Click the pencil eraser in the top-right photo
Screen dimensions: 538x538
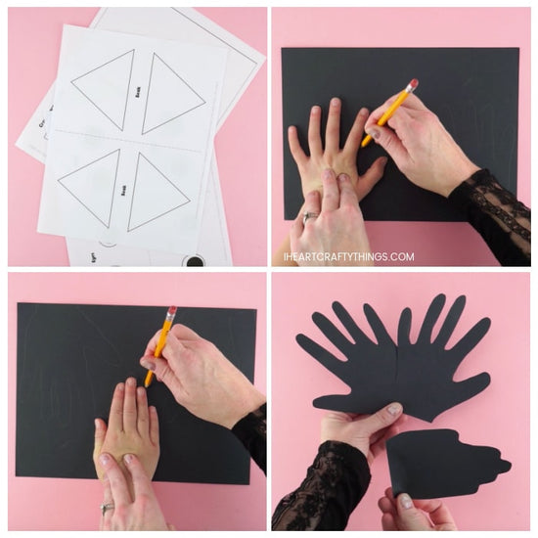pos(414,85)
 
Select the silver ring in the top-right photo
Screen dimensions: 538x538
pos(310,216)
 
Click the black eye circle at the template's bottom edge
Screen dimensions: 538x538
pos(196,261)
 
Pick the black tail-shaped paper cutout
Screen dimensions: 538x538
pos(440,462)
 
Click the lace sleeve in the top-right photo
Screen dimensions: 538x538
pos(494,215)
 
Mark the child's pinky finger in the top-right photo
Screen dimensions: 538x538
pos(294,144)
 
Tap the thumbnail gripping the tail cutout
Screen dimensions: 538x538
pos(403,501)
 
